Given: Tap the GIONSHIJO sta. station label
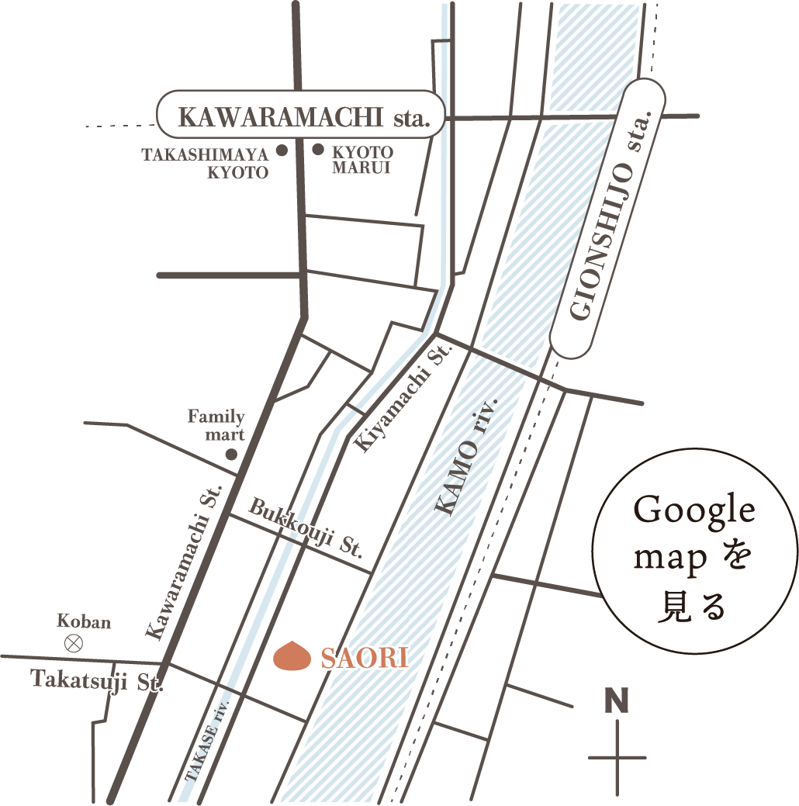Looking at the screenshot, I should click(x=608, y=218).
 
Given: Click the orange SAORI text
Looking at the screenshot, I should click(x=364, y=659).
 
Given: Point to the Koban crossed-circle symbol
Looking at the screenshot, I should click(x=74, y=642).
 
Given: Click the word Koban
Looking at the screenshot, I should click(x=84, y=621).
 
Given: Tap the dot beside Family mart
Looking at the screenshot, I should click(x=230, y=455).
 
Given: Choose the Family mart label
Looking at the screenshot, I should click(x=216, y=425).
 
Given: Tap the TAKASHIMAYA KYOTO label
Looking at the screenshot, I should click(x=205, y=163).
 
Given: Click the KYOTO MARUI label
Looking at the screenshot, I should click(x=362, y=159).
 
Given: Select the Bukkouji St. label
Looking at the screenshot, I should click(x=306, y=530).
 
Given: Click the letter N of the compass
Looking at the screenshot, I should click(x=617, y=700).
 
